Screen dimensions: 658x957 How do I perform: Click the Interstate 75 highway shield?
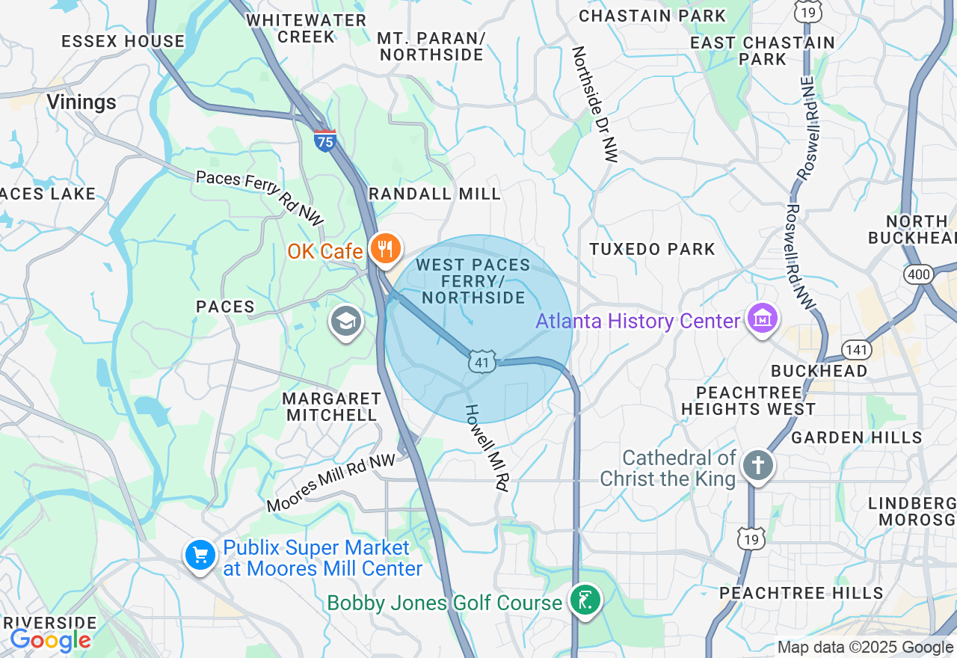click(x=325, y=141)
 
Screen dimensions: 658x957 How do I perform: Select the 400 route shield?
click(x=919, y=274)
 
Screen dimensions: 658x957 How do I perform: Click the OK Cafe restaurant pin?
click(x=386, y=249)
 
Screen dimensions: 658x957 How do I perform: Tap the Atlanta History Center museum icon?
click(x=762, y=320)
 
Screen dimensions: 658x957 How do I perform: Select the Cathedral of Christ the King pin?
click(x=758, y=465)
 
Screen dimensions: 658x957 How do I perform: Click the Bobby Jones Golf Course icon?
click(x=585, y=600)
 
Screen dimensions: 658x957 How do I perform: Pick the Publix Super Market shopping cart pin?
click(x=200, y=556)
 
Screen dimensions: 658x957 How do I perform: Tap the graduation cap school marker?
click(x=345, y=322)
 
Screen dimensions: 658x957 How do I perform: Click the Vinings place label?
click(x=81, y=102)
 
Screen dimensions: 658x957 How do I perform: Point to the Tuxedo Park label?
click(x=652, y=249)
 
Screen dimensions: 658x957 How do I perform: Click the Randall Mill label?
click(x=434, y=194)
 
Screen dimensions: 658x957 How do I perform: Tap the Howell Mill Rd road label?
click(x=487, y=447)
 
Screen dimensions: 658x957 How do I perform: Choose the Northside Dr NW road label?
click(x=595, y=105)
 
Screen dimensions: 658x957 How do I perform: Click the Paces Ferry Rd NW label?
click(x=260, y=198)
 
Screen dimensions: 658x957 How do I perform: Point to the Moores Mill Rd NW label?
click(x=331, y=482)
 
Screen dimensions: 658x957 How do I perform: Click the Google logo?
click(x=50, y=640)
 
